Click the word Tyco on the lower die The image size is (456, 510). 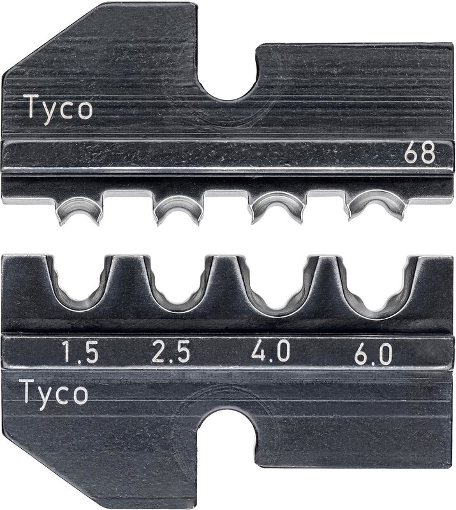[x=54, y=392]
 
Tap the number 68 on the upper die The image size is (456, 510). [x=420, y=153]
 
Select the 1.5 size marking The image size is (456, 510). [x=80, y=353]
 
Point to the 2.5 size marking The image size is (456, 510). [x=171, y=353]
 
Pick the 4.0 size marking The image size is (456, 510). [x=270, y=351]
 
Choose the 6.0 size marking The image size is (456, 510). [x=373, y=354]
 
